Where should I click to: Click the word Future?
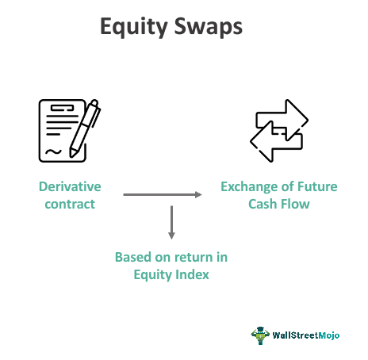pyautogui.click(x=316, y=187)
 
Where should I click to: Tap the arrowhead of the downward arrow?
pyautogui.click(x=172, y=235)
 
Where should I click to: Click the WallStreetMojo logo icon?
pyautogui.click(x=259, y=335)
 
